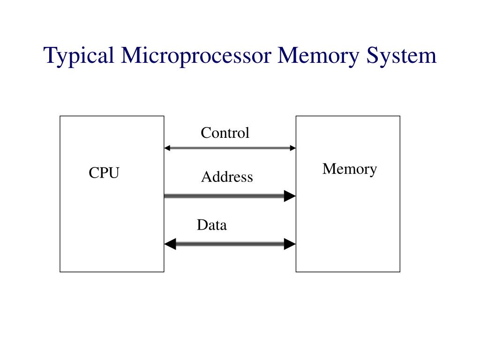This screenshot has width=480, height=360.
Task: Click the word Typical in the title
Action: [79, 56]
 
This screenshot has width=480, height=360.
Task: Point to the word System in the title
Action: [402, 56]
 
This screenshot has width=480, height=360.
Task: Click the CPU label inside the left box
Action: [105, 173]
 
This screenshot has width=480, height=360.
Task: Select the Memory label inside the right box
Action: [349, 169]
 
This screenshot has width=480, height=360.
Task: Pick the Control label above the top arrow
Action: [225, 133]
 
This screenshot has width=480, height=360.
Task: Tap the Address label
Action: [227, 177]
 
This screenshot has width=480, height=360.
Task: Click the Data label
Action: [212, 225]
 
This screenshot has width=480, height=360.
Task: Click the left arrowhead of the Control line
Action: [167, 148]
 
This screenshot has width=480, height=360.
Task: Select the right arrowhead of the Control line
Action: [293, 148]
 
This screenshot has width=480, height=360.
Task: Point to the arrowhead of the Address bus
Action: [290, 196]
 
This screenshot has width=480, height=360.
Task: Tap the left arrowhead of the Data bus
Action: [170, 244]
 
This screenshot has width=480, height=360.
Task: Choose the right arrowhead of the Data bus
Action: [290, 244]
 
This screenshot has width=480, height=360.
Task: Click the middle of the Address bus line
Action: [225, 196]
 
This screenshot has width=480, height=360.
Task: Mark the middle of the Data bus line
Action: [230, 244]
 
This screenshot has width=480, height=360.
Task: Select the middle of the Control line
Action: [230, 148]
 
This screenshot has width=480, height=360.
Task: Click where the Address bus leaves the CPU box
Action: [165, 196]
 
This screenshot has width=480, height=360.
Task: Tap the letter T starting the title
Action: [50, 55]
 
